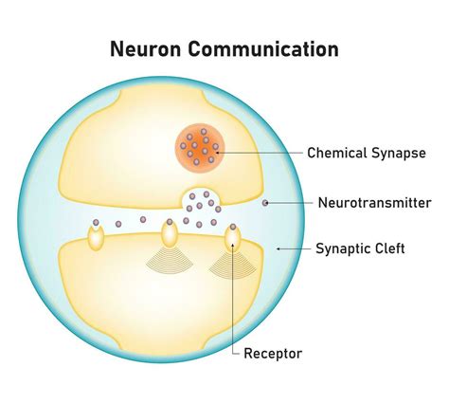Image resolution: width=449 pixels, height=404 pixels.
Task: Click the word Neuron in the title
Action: point(146,47)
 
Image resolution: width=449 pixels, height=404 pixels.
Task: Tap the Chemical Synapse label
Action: point(366,152)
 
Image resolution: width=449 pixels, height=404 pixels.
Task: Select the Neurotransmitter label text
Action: point(374,202)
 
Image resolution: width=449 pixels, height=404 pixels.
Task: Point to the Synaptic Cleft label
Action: point(360,249)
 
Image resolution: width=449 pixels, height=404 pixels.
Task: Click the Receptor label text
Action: point(273,354)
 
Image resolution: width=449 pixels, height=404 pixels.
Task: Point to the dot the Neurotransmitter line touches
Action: point(265,202)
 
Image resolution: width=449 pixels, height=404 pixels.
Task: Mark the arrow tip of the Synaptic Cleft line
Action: point(277,249)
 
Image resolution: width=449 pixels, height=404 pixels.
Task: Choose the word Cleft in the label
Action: point(387,249)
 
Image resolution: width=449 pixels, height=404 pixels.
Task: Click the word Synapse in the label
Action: point(397,152)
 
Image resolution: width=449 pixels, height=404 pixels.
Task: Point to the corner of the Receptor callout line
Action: point(232,354)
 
